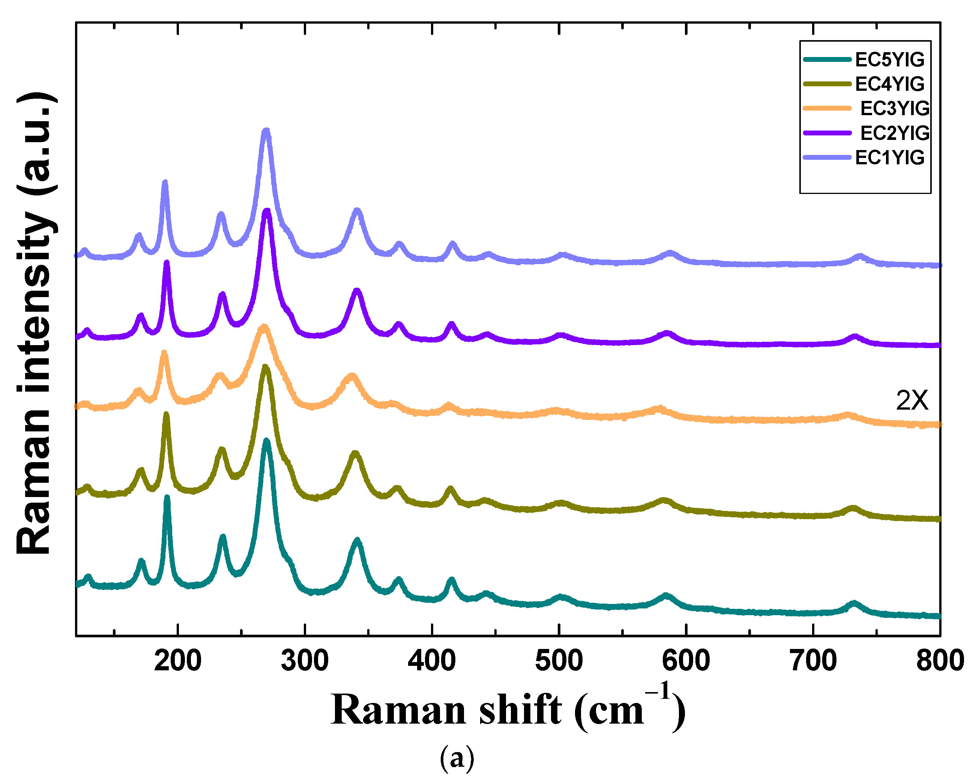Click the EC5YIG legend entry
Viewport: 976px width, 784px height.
[889, 59]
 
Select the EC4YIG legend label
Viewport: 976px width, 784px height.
[889, 84]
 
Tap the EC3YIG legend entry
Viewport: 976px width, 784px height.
[895, 108]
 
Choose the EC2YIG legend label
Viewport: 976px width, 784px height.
[895, 133]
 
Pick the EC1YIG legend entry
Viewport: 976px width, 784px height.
[889, 158]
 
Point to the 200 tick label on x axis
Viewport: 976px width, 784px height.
[177, 661]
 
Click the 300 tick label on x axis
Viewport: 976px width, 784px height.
[305, 661]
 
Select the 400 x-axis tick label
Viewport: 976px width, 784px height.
[432, 661]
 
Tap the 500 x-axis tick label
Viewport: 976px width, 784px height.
[559, 661]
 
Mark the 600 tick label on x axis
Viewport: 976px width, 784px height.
[686, 661]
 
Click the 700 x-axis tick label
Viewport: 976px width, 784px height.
[814, 661]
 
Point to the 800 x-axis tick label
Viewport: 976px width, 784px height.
[940, 661]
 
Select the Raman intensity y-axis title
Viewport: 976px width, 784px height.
[36, 324]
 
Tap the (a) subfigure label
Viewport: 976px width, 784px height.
[457, 758]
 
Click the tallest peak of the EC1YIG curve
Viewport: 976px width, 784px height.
[266, 132]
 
